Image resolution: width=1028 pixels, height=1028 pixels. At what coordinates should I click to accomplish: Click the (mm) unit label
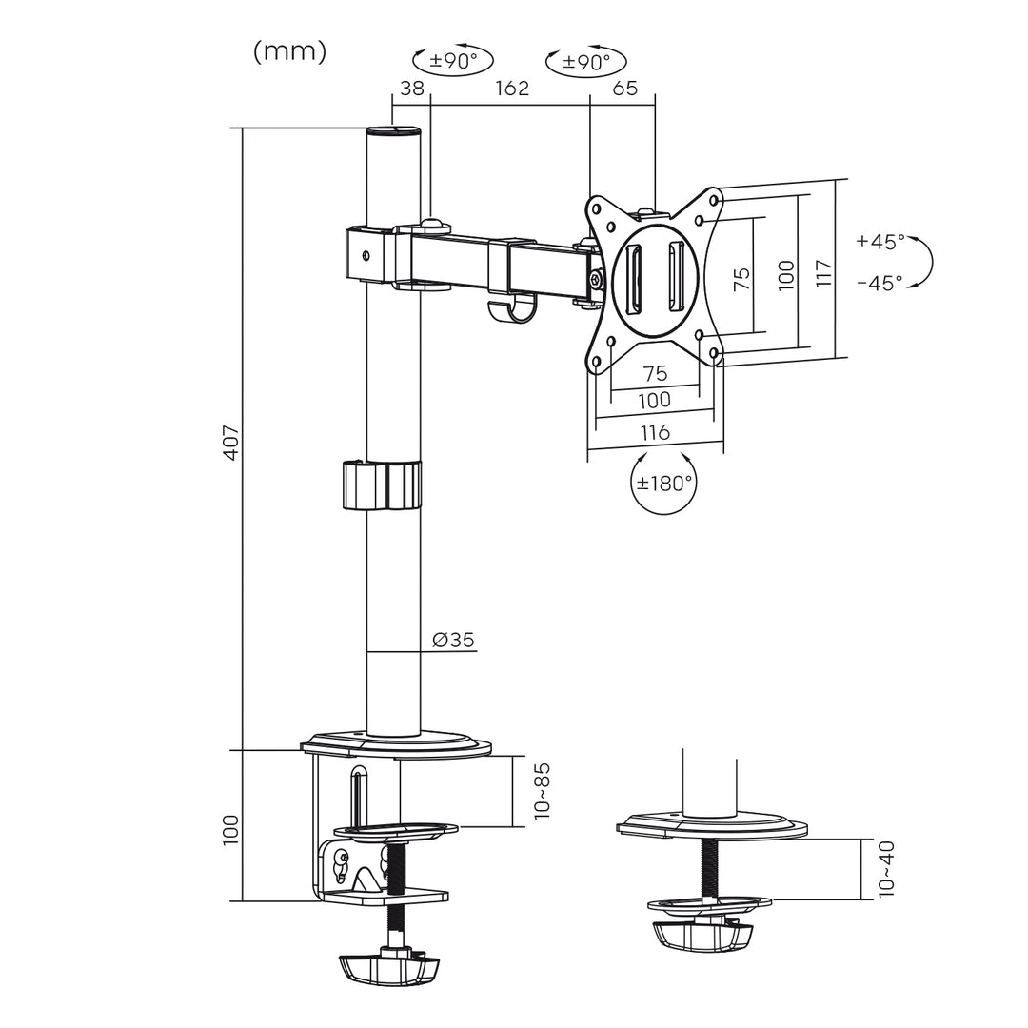point(289,52)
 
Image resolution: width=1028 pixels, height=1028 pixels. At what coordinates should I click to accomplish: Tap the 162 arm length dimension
point(511,89)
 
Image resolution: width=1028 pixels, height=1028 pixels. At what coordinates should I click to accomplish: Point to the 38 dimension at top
point(411,89)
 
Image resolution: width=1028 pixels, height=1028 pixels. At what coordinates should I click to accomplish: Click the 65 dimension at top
point(624,89)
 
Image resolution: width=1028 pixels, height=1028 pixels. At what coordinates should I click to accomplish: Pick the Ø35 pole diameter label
point(452,640)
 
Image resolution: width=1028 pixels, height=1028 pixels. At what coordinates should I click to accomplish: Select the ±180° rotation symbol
point(663,483)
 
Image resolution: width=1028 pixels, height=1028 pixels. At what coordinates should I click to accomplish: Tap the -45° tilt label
point(880,282)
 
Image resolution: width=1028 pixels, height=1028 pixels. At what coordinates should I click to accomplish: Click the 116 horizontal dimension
point(654,432)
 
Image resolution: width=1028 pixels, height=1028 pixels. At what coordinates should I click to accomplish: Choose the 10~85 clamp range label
point(542,790)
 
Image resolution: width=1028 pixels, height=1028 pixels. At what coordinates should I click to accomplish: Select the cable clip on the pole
point(381,485)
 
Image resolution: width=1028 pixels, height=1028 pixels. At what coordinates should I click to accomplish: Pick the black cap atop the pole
point(393,132)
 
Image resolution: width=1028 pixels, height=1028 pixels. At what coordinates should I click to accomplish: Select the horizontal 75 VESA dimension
point(655,373)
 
